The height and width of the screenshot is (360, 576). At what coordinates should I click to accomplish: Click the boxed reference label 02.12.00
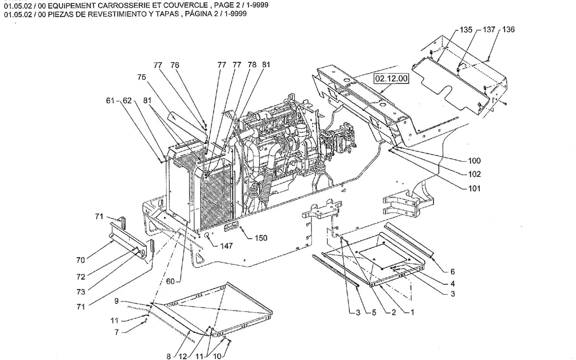point(392,78)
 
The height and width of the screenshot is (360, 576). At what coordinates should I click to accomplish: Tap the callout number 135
point(466,30)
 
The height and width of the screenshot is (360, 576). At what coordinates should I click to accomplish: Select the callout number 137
point(489,30)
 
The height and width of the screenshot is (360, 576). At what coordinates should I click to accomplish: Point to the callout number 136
point(509,30)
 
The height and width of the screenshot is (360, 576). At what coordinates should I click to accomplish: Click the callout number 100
point(474,161)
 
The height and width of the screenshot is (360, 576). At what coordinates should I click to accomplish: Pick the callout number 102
point(474,174)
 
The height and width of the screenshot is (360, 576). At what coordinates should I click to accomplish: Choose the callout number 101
point(474,189)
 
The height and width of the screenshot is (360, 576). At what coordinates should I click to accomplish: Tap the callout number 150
point(261,238)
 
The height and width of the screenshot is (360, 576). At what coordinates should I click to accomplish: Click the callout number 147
point(226,246)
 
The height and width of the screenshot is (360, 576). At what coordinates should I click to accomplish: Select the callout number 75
point(142,77)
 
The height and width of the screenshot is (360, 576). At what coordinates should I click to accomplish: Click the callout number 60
point(170,281)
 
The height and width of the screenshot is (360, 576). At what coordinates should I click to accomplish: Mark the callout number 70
point(81,260)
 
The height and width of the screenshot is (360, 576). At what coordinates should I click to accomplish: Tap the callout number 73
point(81,292)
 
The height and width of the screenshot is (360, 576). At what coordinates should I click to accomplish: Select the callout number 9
point(117,301)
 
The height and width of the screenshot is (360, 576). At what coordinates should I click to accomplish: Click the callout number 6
point(453,272)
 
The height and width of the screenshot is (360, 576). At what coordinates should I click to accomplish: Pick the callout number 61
point(110,100)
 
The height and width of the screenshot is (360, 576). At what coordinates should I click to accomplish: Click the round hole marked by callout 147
point(207,236)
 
